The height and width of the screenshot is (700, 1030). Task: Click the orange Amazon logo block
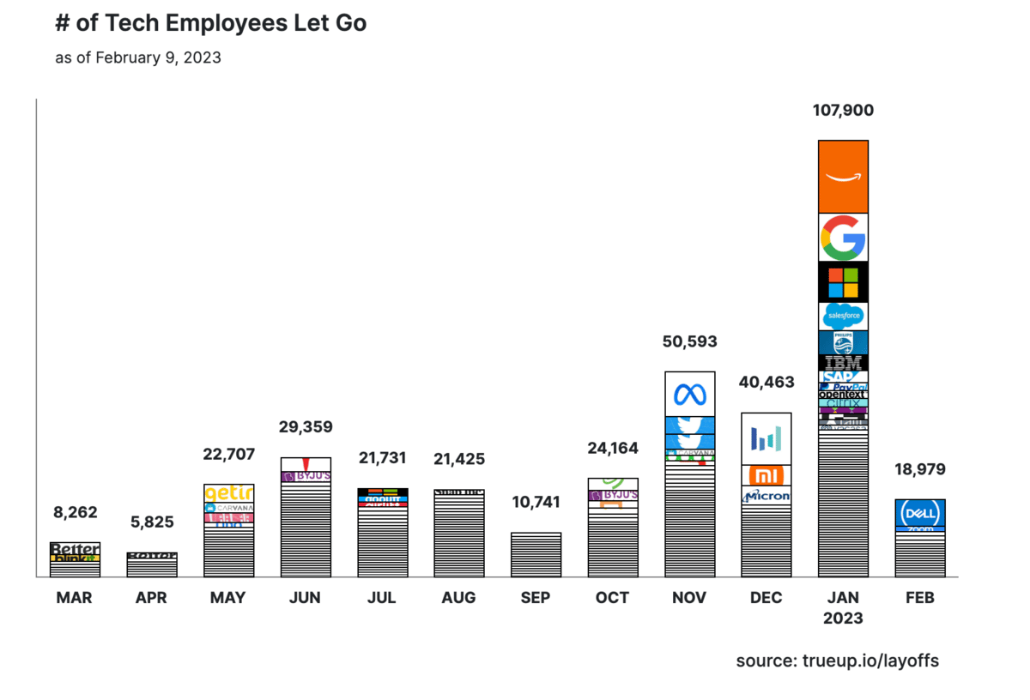pyautogui.click(x=843, y=176)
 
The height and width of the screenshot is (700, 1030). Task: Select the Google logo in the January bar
pyautogui.click(x=843, y=237)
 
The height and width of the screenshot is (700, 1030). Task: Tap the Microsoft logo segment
pyautogui.click(x=843, y=282)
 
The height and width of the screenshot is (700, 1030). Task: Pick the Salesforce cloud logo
pyautogui.click(x=843, y=317)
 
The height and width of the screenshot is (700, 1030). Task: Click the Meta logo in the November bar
pyautogui.click(x=690, y=394)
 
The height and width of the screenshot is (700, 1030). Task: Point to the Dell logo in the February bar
pyautogui.click(x=920, y=513)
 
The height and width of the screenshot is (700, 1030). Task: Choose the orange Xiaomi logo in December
pyautogui.click(x=766, y=475)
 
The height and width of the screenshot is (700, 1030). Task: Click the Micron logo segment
pyautogui.click(x=766, y=496)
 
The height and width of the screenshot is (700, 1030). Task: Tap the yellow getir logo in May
pyautogui.click(x=229, y=492)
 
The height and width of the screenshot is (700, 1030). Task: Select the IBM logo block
pyautogui.click(x=843, y=363)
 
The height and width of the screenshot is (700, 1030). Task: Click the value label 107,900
pyautogui.click(x=843, y=111)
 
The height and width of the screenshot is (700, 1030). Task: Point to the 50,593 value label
pyautogui.click(x=689, y=341)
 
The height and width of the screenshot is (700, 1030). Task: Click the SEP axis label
pyautogui.click(x=536, y=598)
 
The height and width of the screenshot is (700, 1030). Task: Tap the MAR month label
pyautogui.click(x=75, y=598)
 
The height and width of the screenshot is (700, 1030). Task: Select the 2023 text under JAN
pyautogui.click(x=843, y=618)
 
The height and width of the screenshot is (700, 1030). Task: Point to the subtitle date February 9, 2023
pyautogui.click(x=158, y=58)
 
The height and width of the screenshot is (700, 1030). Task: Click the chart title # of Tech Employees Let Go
pyautogui.click(x=210, y=23)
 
